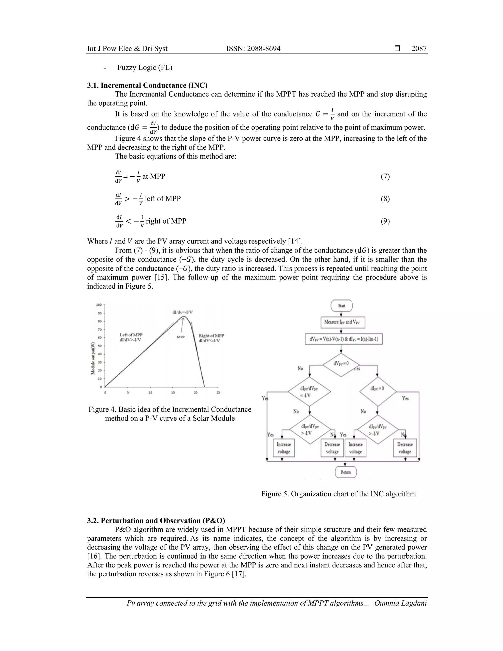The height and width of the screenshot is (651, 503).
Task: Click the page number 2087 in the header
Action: [x=419, y=49]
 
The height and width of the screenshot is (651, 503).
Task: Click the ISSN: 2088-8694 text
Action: [x=253, y=49]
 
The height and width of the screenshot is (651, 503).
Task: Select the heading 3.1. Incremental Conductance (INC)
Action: [x=147, y=85]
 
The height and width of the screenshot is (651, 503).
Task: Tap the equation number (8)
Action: [x=385, y=199]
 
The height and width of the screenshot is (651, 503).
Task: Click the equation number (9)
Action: [x=385, y=221]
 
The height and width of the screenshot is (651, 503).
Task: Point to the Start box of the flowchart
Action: [x=341, y=306]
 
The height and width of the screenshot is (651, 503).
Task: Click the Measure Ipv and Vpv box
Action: [x=343, y=322]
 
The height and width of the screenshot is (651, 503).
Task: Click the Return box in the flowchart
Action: [x=346, y=472]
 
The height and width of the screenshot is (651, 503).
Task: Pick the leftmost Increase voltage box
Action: [x=284, y=448]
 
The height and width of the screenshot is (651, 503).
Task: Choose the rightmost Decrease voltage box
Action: [x=405, y=448]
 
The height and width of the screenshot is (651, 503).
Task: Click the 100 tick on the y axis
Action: [x=99, y=305]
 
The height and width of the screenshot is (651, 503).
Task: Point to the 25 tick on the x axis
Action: [x=218, y=393]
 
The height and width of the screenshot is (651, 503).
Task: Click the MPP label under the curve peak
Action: [x=181, y=337]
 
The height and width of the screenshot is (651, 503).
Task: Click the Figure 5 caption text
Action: [x=338, y=494]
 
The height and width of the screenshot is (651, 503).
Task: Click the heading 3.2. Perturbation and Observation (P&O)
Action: [x=156, y=521]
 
